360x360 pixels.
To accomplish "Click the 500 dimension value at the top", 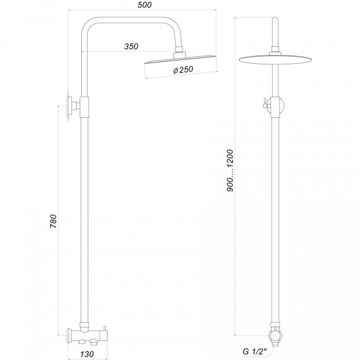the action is [145, 5].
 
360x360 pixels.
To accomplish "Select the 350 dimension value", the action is [131, 46].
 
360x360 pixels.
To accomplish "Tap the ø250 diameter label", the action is [183, 70].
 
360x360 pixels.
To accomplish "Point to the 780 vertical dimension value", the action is [53, 221].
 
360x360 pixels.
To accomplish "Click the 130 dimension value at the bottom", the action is [87, 354].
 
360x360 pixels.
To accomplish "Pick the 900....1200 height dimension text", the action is [230, 171].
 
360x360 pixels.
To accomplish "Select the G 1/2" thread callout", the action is [255, 351].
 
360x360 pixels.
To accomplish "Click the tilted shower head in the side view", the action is [181, 66].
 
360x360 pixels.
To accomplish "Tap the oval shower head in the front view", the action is [275, 60].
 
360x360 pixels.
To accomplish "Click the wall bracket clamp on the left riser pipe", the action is [84, 107].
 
